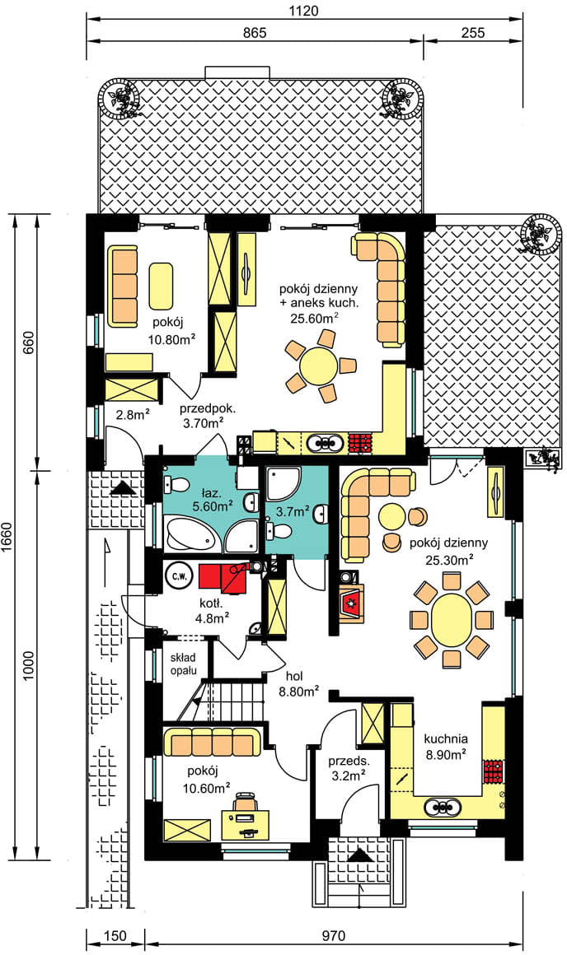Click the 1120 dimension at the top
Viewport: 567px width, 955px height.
[304, 10]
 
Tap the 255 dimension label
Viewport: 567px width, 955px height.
[473, 32]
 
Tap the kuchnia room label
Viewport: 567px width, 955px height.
[447, 738]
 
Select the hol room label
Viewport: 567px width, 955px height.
[295, 676]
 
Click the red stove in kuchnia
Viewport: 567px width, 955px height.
[494, 771]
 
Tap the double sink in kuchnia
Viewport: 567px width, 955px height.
[441, 807]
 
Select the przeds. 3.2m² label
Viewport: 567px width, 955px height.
[349, 768]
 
